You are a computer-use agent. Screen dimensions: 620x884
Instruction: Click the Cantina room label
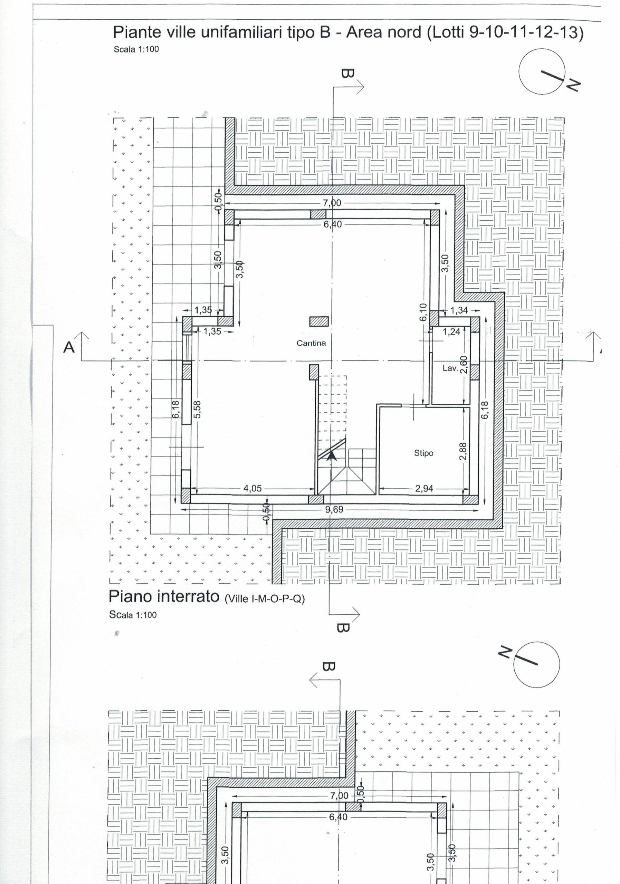311,343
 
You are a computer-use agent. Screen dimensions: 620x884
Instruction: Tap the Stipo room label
423,453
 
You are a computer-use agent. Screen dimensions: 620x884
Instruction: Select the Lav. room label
450,368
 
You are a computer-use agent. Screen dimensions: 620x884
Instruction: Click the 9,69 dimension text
334,510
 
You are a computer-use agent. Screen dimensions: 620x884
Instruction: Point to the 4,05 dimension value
252,489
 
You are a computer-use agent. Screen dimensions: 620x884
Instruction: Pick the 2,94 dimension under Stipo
424,489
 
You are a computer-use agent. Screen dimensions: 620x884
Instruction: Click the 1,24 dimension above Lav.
452,331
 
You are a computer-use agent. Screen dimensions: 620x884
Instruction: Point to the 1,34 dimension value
459,310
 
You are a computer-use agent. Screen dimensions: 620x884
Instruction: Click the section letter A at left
69,347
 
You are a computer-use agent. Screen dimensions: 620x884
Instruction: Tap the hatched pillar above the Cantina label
319,321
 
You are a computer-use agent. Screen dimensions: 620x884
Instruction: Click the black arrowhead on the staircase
331,456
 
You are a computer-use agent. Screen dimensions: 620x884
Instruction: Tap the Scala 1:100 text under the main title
136,49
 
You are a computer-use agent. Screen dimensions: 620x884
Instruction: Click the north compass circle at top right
542,71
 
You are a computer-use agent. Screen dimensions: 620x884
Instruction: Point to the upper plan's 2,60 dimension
464,365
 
